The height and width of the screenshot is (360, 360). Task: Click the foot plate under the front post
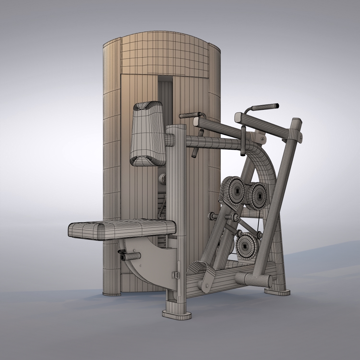pos(177,314)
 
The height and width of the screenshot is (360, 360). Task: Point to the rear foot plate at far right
pos(277,290)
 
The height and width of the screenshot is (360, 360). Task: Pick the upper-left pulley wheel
pos(234,189)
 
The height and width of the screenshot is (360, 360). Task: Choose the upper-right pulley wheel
pos(255,196)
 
